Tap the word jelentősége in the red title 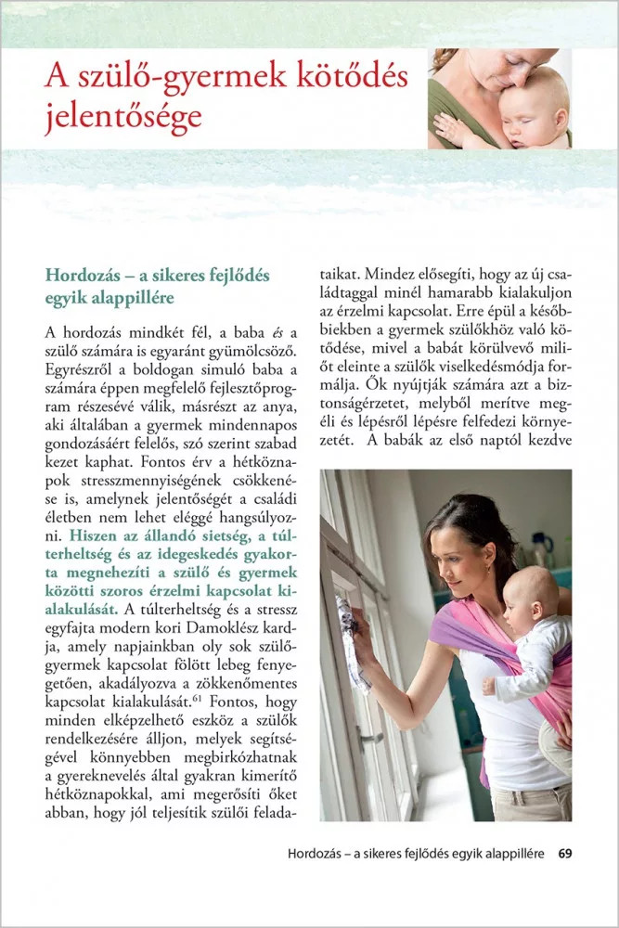tap(123, 118)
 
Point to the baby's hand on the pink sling tap(489, 686)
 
